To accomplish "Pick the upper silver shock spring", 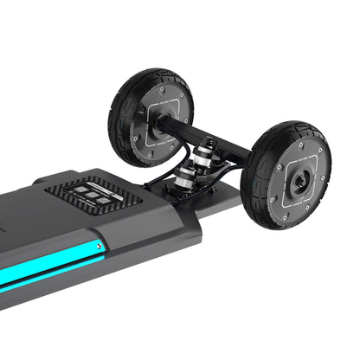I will coord(205,154).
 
